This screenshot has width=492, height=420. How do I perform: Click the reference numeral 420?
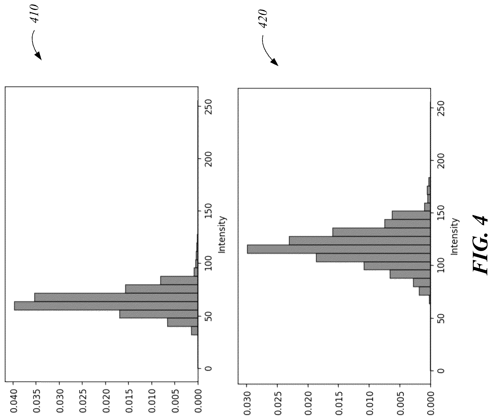[263, 19]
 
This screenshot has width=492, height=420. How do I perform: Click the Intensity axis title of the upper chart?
[222, 234]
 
